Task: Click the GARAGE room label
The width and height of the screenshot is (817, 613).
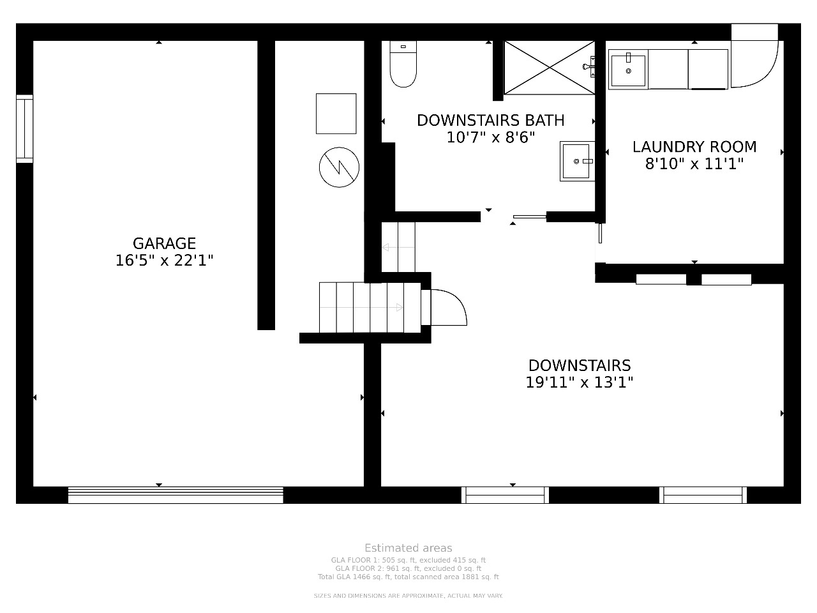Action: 164,243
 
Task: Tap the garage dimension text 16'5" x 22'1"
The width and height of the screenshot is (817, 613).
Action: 164,261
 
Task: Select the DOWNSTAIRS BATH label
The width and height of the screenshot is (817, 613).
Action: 491,120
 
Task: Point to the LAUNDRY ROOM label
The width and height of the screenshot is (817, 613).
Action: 694,147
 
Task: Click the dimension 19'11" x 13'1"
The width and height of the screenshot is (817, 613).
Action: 579,382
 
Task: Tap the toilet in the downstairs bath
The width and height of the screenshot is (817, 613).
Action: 403,64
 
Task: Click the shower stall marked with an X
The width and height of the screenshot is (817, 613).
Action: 550,68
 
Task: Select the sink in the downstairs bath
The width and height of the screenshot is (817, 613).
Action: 577,161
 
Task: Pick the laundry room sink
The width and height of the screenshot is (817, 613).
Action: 628,70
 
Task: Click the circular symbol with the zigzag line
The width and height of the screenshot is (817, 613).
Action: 339,167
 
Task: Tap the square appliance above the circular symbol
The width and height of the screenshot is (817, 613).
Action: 336,114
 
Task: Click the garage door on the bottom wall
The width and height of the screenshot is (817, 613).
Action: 176,495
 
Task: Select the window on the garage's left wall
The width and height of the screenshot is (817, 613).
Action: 24,129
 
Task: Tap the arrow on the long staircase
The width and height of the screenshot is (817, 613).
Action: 361,307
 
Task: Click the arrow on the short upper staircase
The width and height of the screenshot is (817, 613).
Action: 398,247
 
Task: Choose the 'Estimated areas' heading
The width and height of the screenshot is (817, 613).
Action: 408,548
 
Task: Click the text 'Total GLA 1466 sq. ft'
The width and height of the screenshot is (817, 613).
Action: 354,577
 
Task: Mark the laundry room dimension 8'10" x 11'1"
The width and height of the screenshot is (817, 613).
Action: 694,163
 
